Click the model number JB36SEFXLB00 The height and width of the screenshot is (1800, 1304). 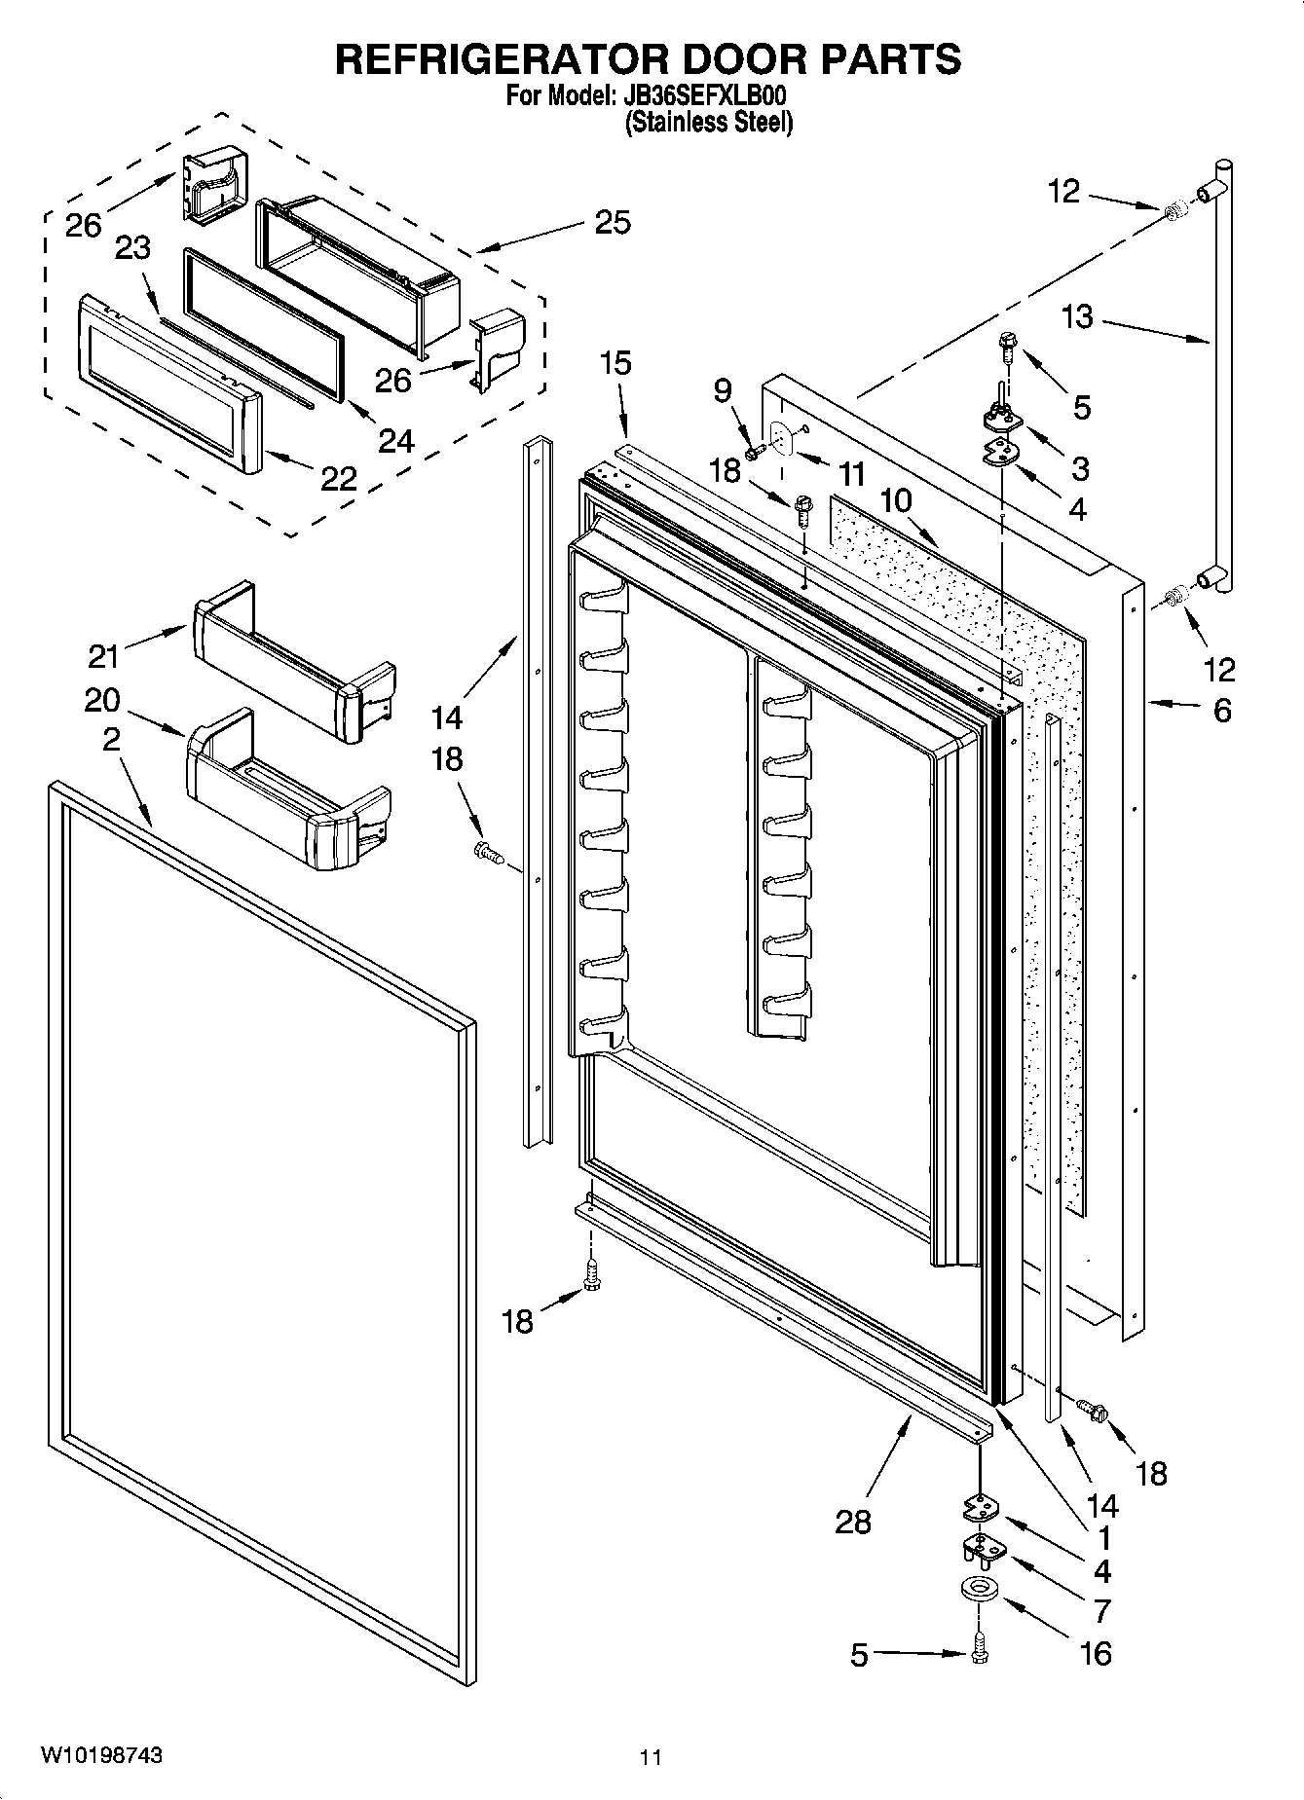[703, 97]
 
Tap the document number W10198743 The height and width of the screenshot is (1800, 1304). [101, 1755]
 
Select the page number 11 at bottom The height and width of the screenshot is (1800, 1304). [651, 1757]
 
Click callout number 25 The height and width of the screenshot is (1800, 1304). [613, 222]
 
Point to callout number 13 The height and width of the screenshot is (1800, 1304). [1078, 317]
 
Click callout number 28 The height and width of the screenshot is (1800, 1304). [853, 1522]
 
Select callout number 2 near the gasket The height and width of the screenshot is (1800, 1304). [112, 740]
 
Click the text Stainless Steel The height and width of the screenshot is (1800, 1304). [708, 123]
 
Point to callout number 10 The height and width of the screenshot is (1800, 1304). [896, 501]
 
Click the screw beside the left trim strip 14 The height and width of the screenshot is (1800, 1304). [488, 854]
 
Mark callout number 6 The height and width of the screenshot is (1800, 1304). [1221, 711]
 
